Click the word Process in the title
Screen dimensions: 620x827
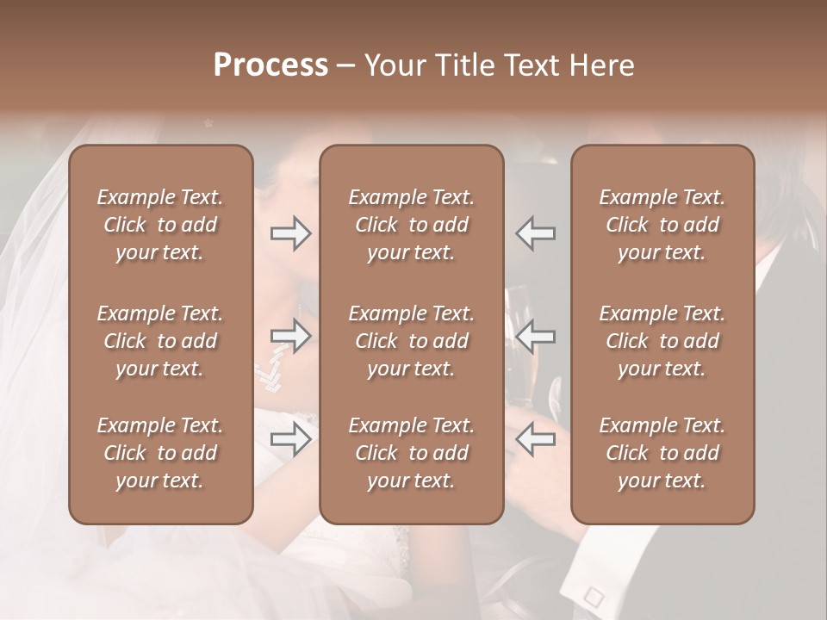(x=270, y=65)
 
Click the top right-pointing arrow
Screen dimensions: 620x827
(x=290, y=233)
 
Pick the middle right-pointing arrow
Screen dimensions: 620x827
(x=290, y=336)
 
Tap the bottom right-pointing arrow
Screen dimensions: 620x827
(x=290, y=439)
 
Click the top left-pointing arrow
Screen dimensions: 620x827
(x=536, y=233)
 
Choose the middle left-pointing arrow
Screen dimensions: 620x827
(x=536, y=336)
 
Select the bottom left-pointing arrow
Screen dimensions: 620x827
(x=536, y=439)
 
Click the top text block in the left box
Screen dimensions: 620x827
(x=160, y=225)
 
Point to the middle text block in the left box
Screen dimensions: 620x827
(x=160, y=341)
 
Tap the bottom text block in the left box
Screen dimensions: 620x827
(x=160, y=453)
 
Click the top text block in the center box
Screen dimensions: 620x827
(x=411, y=225)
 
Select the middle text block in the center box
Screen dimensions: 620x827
(x=411, y=341)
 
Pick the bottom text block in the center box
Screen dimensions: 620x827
(x=411, y=453)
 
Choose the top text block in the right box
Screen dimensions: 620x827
(x=662, y=225)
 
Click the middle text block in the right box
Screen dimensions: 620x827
(x=662, y=341)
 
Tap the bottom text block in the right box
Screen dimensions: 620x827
(x=662, y=453)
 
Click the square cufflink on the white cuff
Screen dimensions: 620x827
(x=593, y=595)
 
